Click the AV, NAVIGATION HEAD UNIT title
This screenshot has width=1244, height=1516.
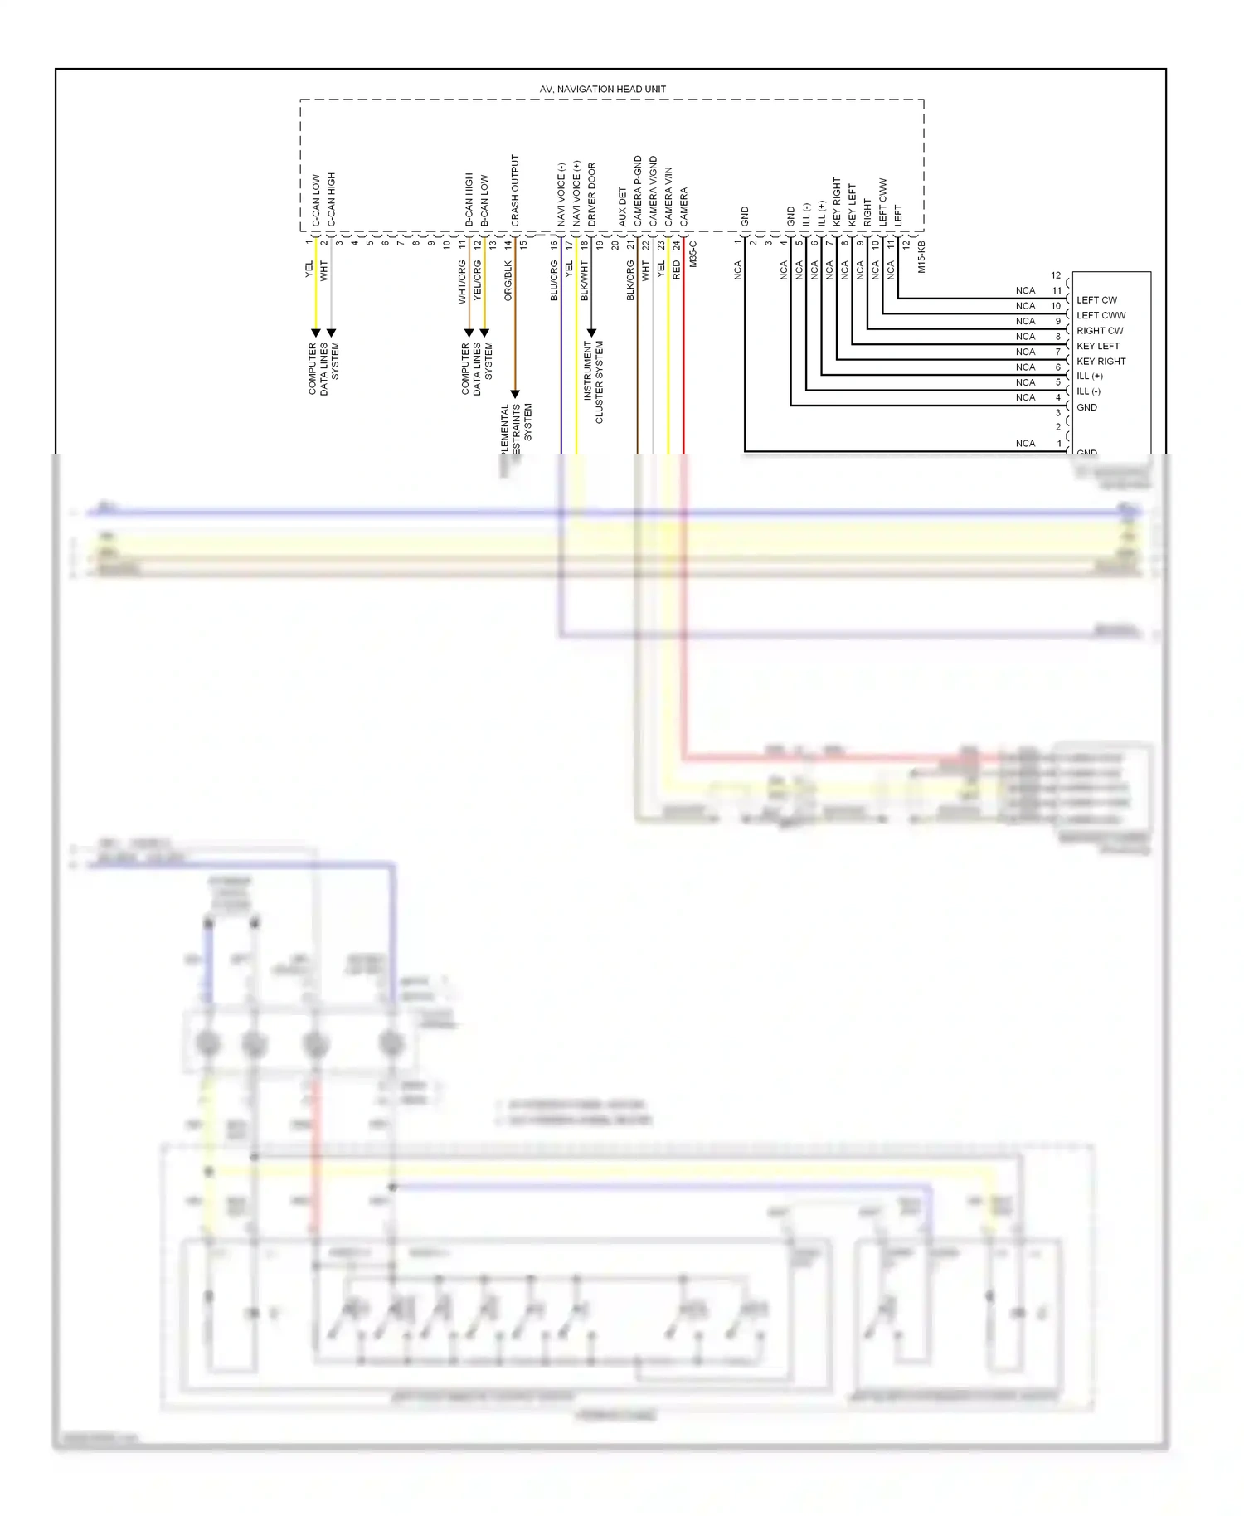602,89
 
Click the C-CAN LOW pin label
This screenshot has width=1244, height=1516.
316,200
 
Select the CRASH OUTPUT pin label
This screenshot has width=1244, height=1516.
515,190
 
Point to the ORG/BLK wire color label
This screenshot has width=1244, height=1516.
508,280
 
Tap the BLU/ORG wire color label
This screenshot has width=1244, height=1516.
555,280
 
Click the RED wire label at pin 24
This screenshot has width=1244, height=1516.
677,269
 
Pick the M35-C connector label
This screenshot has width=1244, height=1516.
693,254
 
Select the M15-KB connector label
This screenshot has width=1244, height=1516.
921,257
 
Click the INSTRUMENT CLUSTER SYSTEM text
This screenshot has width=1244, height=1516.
594,381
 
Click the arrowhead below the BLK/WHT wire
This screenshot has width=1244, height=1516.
591,333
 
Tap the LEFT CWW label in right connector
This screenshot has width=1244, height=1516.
1101,315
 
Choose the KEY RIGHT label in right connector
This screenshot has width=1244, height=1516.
1101,362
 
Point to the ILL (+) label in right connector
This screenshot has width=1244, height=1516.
1089,377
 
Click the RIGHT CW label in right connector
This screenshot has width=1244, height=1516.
1100,331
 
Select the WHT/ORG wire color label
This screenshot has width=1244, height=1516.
463,282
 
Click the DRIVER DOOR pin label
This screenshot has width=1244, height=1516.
592,194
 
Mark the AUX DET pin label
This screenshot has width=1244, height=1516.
623,207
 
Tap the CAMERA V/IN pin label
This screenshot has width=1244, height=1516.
668,197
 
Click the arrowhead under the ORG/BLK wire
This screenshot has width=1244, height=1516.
515,394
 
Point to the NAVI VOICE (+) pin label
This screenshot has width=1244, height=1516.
576,192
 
